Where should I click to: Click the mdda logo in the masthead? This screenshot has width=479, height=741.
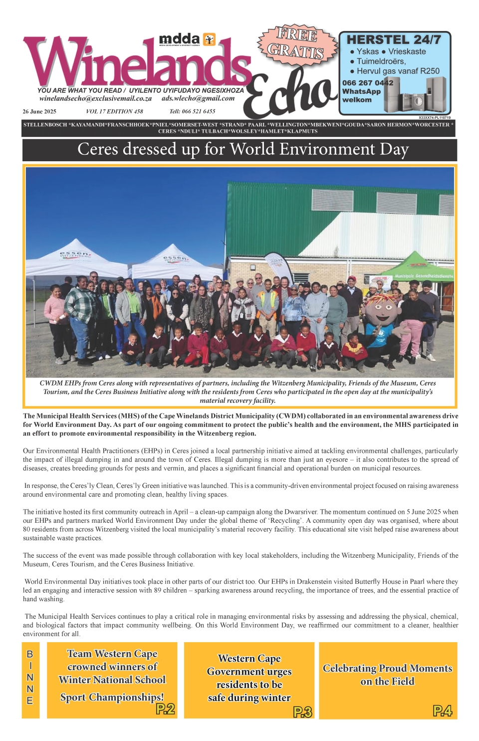tap(187, 39)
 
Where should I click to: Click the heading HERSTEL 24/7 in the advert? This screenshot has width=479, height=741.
tap(394, 39)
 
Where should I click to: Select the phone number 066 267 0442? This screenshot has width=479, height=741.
tap(367, 83)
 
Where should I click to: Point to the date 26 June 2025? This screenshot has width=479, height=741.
tap(39, 111)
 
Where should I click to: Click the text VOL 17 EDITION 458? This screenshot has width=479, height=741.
tap(114, 111)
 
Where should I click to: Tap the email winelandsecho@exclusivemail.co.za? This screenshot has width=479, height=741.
tap(95, 98)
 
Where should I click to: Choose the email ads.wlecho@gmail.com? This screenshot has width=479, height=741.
tap(198, 98)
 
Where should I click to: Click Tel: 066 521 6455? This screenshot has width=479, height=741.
tap(192, 111)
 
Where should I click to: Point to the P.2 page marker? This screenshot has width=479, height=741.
tap(165, 709)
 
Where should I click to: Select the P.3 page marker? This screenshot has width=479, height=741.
tap(302, 712)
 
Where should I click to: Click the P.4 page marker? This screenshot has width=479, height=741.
tap(442, 711)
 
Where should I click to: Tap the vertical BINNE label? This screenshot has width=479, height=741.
tap(30, 677)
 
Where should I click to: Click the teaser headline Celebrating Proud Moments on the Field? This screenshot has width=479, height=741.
tap(388, 675)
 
